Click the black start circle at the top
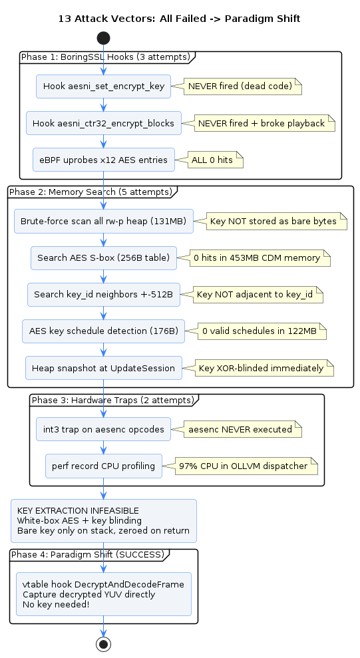coord(103,38)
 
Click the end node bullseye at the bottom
coord(103,644)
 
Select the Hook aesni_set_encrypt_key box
coord(103,86)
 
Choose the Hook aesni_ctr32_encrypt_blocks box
coord(104,123)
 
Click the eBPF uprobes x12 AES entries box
coord(104,160)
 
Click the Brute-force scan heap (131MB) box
coord(104,221)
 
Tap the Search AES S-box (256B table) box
coord(104,257)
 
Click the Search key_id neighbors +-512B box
coord(104,295)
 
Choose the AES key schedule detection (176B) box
coord(104,331)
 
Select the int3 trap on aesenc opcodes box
coord(103,429)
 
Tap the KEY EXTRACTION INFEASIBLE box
coord(104,521)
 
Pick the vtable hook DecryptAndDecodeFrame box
coord(104,594)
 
